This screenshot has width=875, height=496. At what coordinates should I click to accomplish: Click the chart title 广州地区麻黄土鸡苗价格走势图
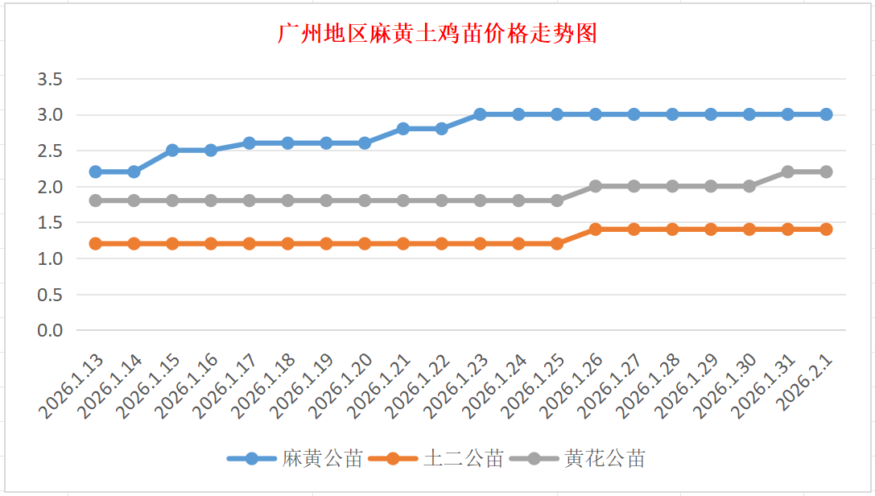click(x=437, y=35)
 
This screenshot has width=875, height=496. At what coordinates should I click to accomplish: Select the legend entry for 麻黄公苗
click(x=321, y=459)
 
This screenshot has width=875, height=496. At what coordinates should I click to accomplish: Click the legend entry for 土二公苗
click(x=463, y=459)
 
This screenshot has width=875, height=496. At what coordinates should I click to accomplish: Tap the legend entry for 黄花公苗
click(x=605, y=459)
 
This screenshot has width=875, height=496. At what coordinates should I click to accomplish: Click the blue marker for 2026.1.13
click(x=96, y=172)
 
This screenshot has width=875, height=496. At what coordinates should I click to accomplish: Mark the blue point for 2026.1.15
click(x=172, y=151)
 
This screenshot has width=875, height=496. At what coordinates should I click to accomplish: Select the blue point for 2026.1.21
click(x=403, y=129)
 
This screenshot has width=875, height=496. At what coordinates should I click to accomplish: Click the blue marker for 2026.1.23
click(x=480, y=114)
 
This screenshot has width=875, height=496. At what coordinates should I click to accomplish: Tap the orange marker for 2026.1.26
click(x=596, y=229)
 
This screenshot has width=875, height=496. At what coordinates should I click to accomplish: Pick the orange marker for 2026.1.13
click(x=96, y=243)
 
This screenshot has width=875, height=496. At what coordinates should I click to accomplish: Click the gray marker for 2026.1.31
click(x=788, y=172)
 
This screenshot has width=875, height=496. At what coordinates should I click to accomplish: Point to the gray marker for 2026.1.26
click(x=596, y=186)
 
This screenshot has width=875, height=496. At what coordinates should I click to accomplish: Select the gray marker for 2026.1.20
click(x=365, y=200)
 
